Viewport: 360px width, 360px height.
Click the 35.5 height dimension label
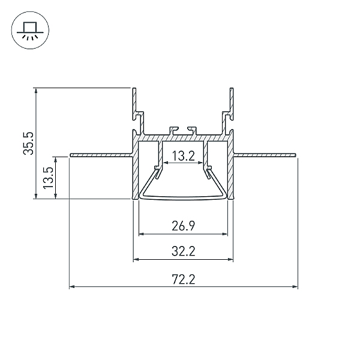(29, 143)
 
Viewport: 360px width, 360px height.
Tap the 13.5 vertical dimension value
(49, 178)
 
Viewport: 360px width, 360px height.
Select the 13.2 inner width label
(183, 156)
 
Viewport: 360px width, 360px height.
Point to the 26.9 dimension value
(183, 226)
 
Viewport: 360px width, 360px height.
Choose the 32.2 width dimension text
(183, 251)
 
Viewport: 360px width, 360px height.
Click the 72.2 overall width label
(183, 280)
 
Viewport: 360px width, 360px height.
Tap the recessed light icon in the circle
(30, 30)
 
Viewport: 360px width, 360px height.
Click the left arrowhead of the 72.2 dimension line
(72, 287)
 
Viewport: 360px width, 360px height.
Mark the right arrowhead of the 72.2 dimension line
(295, 287)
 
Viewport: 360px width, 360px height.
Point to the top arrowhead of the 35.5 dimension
(36, 91)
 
